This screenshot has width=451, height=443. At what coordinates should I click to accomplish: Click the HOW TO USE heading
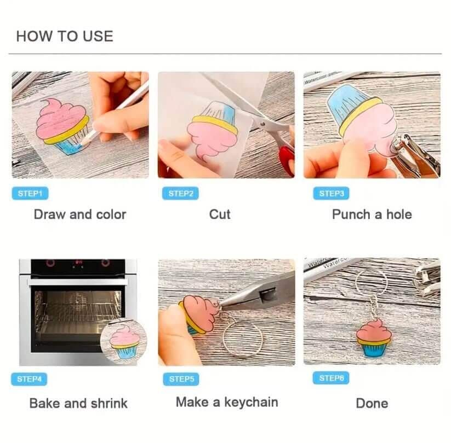pyautogui.click(x=65, y=36)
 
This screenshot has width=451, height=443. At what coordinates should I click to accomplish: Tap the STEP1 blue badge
pyautogui.click(x=30, y=193)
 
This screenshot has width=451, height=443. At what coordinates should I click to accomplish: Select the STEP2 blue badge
pyautogui.click(x=181, y=193)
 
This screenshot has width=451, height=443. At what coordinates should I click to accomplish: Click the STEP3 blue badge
pyautogui.click(x=332, y=193)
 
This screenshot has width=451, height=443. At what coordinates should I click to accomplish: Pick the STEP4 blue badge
pyautogui.click(x=29, y=379)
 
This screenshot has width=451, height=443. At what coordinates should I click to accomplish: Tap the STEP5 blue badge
pyautogui.click(x=181, y=379)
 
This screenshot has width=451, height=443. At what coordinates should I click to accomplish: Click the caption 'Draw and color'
pyautogui.click(x=80, y=214)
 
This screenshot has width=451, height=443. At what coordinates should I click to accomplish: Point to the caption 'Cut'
pyautogui.click(x=220, y=214)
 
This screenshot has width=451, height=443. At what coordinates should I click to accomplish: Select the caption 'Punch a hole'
pyautogui.click(x=372, y=214)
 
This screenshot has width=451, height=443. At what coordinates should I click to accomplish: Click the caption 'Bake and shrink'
pyautogui.click(x=78, y=403)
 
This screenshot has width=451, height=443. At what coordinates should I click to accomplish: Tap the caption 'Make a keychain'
pyautogui.click(x=227, y=402)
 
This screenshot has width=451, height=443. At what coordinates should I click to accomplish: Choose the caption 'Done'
pyautogui.click(x=372, y=403)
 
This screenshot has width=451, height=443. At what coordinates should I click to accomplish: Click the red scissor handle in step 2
pyautogui.click(x=287, y=160)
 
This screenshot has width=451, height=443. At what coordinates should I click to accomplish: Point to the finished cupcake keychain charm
pyautogui.click(x=374, y=338)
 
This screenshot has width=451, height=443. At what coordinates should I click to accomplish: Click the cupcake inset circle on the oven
pyautogui.click(x=124, y=341)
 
